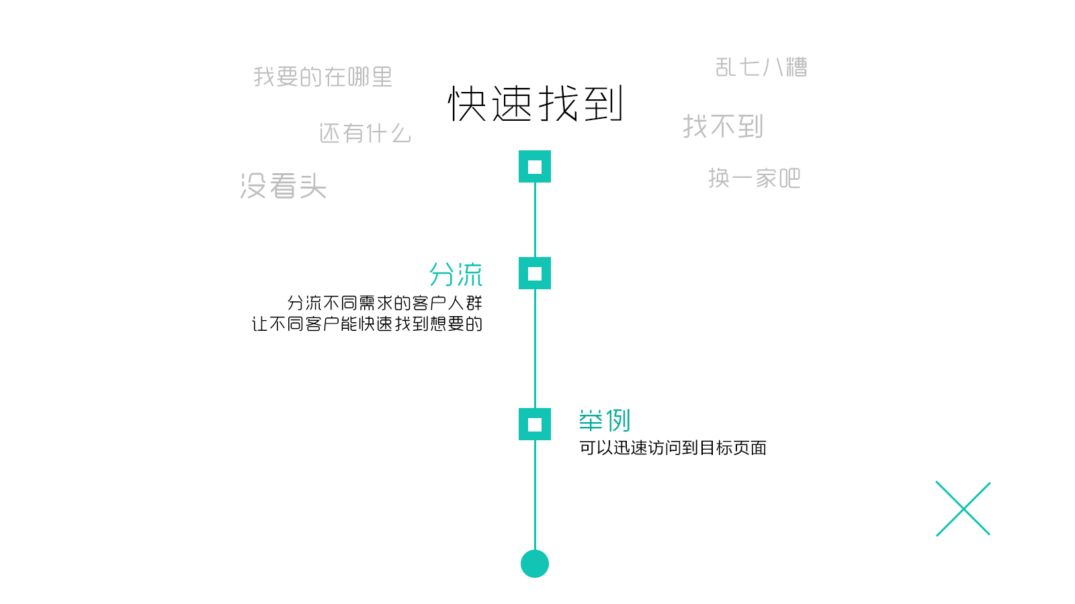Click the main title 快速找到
coord(535,104)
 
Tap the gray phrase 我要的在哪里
coord(322,77)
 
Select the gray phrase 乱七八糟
coord(761,67)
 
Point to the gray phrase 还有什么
coord(365,134)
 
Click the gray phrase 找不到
coord(723,126)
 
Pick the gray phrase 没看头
coord(283,186)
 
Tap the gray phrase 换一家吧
coord(754,179)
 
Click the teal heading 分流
coord(456,274)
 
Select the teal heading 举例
coord(605,421)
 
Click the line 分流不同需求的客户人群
coord(384,303)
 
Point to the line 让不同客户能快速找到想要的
coord(367,324)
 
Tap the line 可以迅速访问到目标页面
coord(673,448)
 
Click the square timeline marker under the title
coord(535,166)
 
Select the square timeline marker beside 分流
coord(535,273)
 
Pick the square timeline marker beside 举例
coord(535,424)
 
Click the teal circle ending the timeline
coord(535,564)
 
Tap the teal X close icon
coord(963,509)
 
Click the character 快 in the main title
coord(468,104)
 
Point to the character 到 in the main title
coord(603,104)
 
